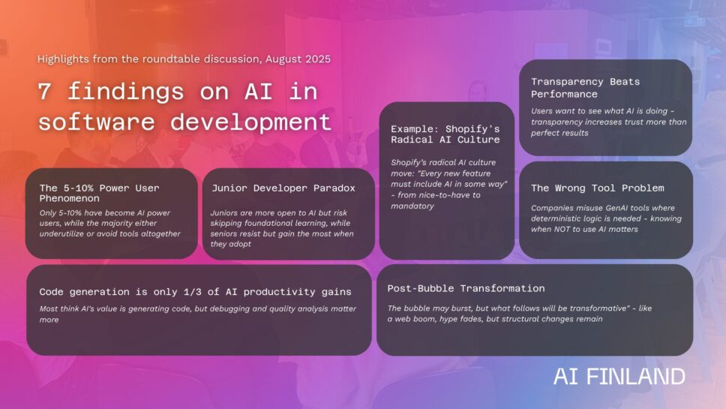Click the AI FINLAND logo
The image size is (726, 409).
click(x=619, y=377)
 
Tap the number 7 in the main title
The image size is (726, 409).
click(x=44, y=92)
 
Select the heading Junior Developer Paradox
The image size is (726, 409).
click(x=283, y=188)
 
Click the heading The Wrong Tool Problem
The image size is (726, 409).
click(x=597, y=188)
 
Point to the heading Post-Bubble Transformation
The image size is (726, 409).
click(x=466, y=288)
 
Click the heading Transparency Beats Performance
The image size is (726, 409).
click(x=585, y=88)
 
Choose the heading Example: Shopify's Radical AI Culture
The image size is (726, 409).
click(x=445, y=134)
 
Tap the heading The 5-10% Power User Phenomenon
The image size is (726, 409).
click(x=99, y=193)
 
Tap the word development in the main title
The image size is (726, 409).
click(x=250, y=122)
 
